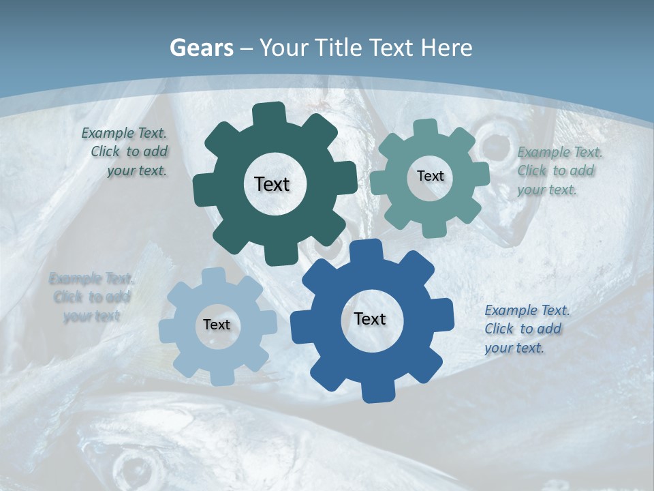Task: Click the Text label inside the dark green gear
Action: coord(272,184)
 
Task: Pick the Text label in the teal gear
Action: coord(430,176)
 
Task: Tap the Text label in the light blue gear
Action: coord(217,325)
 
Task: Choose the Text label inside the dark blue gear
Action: coord(370,319)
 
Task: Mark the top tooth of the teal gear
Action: coord(424,128)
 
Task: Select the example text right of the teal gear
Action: coord(558,170)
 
